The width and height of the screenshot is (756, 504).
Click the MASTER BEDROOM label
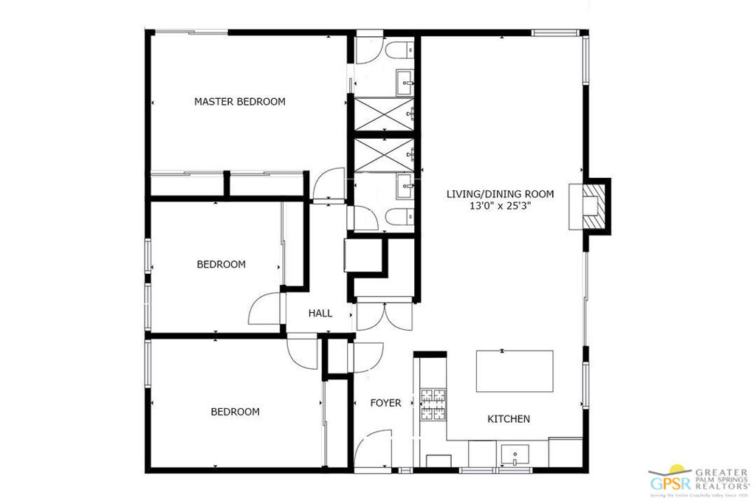click(x=239, y=102)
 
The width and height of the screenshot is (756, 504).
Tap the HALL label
click(x=320, y=314)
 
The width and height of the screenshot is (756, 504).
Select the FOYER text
click(x=385, y=403)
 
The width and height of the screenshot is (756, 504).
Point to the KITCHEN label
click(x=508, y=419)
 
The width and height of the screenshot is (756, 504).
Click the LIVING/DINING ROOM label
click(x=500, y=194)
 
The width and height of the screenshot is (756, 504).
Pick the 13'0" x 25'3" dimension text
click(x=500, y=207)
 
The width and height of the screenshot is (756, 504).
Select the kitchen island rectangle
click(x=514, y=371)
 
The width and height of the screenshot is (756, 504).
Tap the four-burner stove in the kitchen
click(x=433, y=404)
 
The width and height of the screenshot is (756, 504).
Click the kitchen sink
click(x=511, y=452)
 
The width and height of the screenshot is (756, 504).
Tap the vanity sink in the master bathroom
click(x=405, y=80)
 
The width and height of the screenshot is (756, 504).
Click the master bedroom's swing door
click(x=329, y=184)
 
